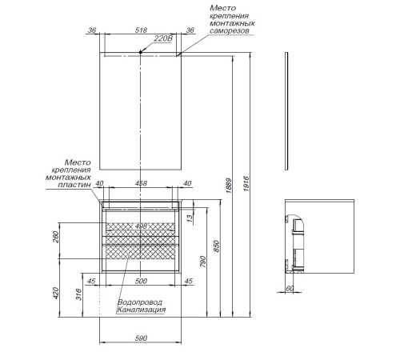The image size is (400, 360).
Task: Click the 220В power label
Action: (x=163, y=38)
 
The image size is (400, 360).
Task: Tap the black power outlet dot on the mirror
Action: (x=141, y=52)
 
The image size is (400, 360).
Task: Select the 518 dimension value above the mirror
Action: (x=141, y=30)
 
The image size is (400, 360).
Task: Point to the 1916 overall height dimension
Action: (x=246, y=183)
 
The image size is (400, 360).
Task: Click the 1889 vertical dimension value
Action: (x=229, y=186)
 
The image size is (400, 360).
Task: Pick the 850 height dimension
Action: (x=216, y=246)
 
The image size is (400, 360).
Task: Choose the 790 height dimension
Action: (x=203, y=262)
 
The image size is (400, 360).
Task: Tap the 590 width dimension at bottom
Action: (x=141, y=338)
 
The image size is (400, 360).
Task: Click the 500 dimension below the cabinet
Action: (x=141, y=281)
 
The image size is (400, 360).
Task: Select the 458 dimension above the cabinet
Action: (x=141, y=183)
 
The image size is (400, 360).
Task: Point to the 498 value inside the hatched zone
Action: (x=141, y=226)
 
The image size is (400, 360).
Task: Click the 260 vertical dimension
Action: (x=56, y=237)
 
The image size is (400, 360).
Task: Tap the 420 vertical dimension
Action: (x=56, y=293)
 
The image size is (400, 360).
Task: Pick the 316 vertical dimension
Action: (x=78, y=294)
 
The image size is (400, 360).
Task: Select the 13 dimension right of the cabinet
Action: (x=190, y=218)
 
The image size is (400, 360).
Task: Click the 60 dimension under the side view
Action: (x=290, y=288)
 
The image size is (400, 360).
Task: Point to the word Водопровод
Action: (x=140, y=302)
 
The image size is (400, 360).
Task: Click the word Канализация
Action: (x=142, y=310)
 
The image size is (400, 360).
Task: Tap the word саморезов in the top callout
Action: (x=230, y=31)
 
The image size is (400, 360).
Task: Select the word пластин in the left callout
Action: (x=74, y=185)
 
